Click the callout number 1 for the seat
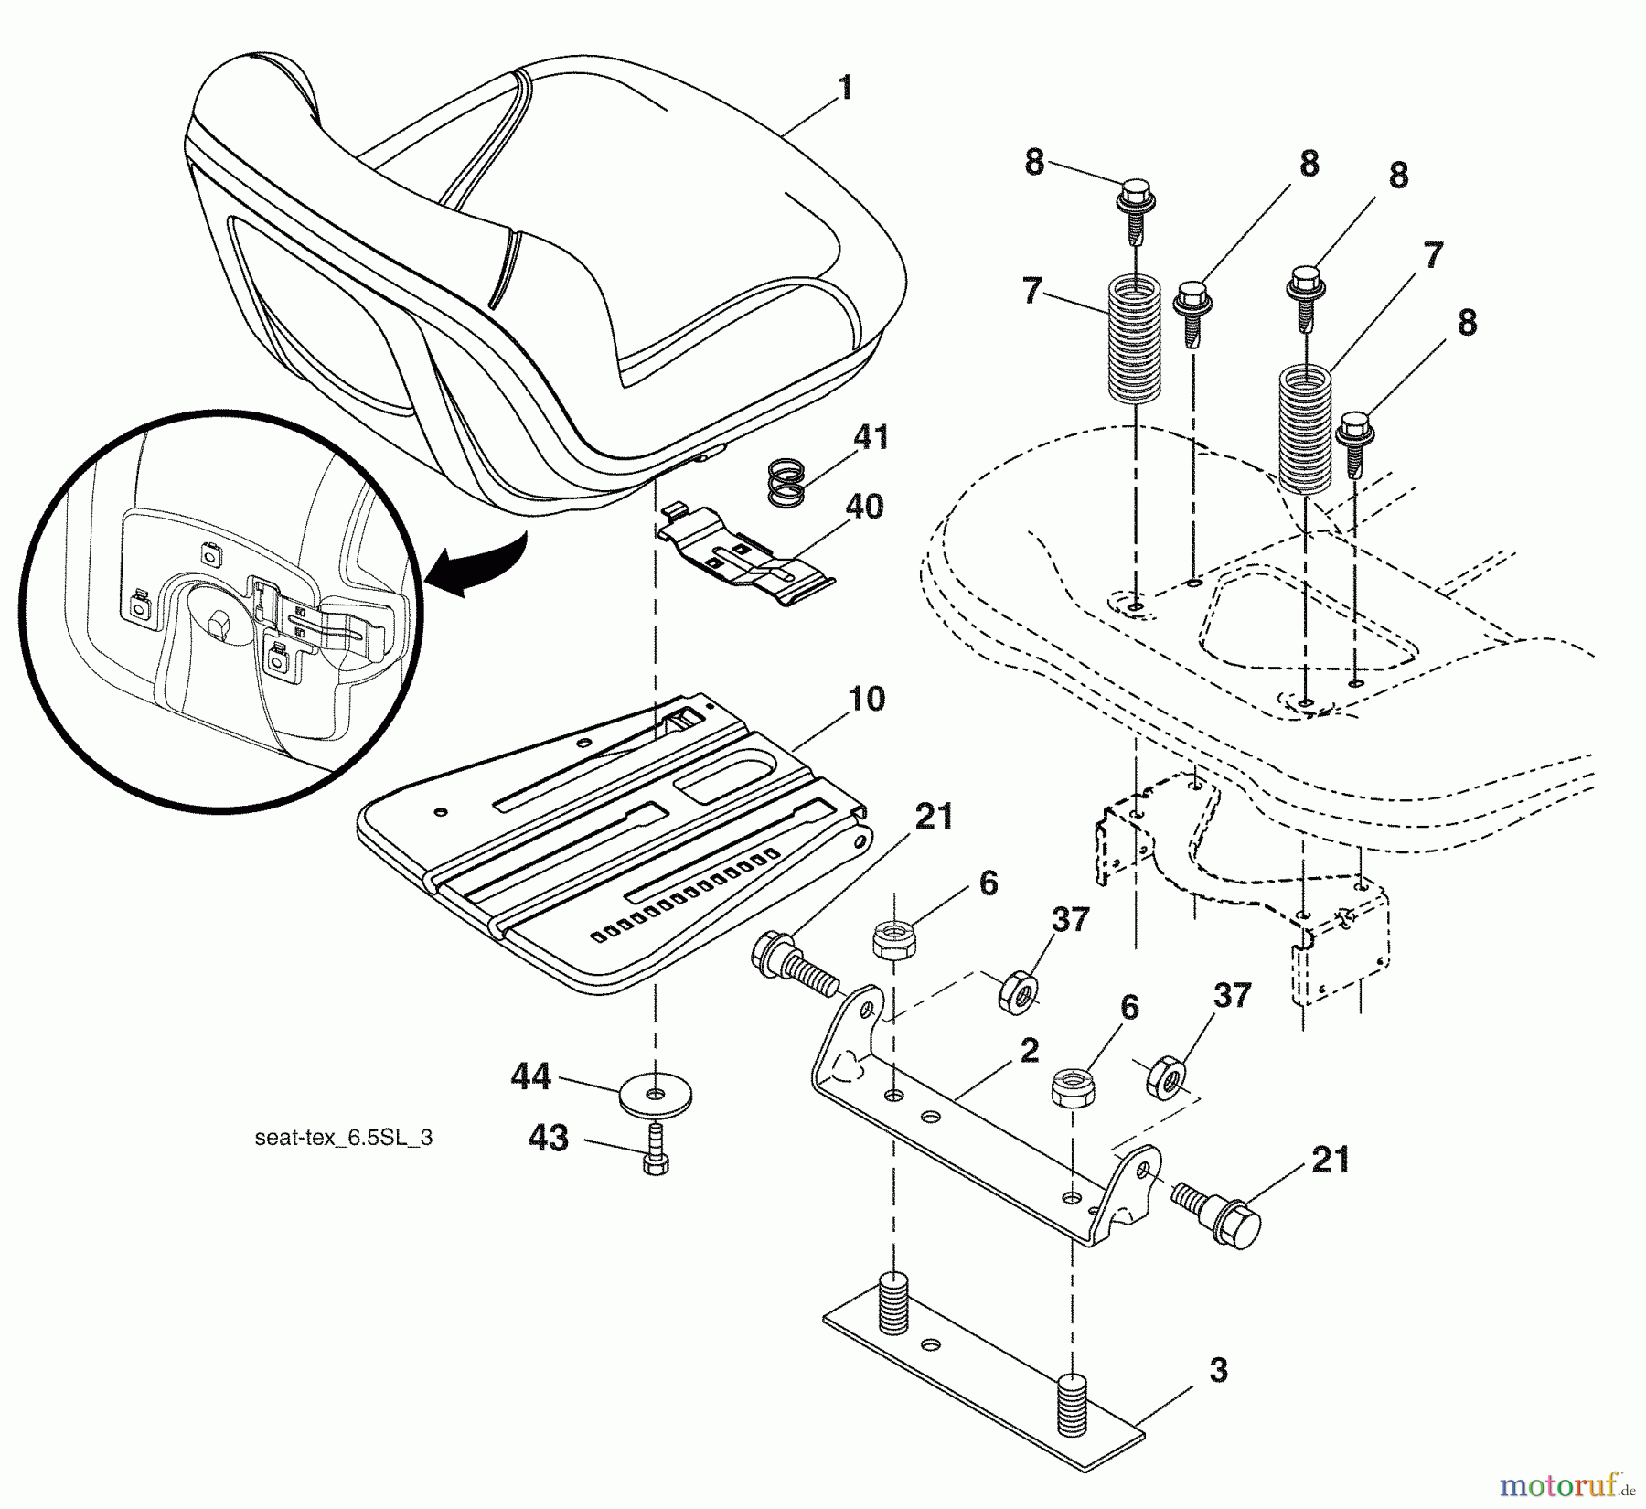(x=845, y=89)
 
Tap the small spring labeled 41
(x=786, y=482)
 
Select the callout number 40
(x=864, y=507)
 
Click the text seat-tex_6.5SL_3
(x=344, y=1138)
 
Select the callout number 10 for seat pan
(x=866, y=700)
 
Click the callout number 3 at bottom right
(x=1217, y=1371)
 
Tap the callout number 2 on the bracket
(x=1029, y=1051)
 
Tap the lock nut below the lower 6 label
(x=1071, y=1086)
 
